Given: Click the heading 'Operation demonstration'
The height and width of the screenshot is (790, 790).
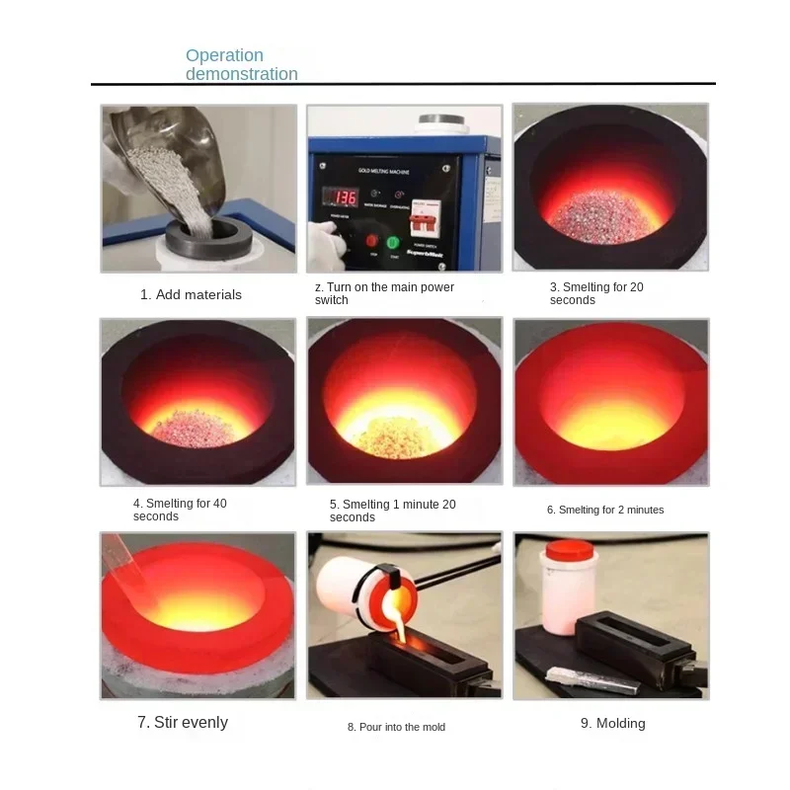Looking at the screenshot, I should click(241, 64).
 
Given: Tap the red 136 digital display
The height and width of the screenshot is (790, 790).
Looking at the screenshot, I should click(343, 197).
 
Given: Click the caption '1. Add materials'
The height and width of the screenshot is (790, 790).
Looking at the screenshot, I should click(191, 294).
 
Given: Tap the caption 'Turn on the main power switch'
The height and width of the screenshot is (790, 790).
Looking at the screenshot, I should click(384, 293).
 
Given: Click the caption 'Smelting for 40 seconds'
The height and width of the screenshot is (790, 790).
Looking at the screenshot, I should click(180, 510).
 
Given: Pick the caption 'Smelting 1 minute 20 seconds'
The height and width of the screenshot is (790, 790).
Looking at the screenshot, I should click(392, 511).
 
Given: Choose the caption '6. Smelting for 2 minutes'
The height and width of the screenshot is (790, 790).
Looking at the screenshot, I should click(605, 510).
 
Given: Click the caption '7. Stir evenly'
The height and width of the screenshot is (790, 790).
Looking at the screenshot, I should click(183, 723).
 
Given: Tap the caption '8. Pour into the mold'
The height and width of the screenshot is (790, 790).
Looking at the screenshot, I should click(396, 727).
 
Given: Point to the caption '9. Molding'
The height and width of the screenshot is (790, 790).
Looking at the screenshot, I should click(612, 724).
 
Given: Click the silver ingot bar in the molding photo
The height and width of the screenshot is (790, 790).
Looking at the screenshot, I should click(584, 674).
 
